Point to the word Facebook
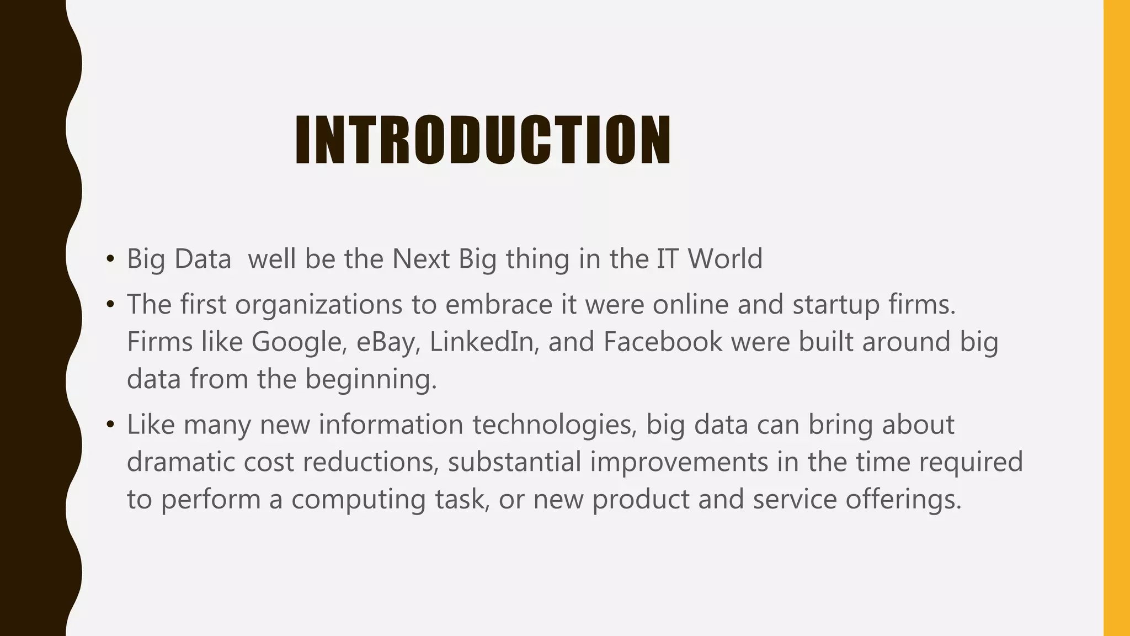[662, 342]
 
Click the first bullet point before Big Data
[110, 259]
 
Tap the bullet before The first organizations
[110, 305]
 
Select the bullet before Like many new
[110, 425]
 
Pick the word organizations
[318, 305]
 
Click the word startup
[835, 305]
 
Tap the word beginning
[371, 380]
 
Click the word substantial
[514, 462]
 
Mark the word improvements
[679, 462]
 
